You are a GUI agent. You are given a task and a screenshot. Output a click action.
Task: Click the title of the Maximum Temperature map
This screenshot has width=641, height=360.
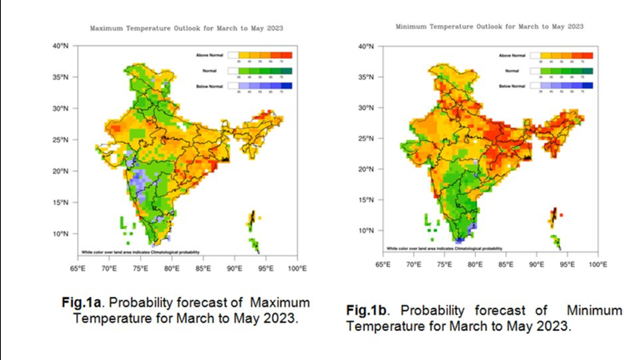(x=186, y=28)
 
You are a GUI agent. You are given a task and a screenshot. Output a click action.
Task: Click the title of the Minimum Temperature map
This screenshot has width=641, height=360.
(x=488, y=26)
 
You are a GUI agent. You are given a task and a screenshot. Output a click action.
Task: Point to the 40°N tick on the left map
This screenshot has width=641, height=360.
(x=61, y=46)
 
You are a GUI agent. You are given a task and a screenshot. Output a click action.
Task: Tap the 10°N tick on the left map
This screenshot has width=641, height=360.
(x=61, y=234)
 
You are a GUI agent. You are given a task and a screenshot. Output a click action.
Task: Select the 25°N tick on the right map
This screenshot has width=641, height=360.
(x=367, y=139)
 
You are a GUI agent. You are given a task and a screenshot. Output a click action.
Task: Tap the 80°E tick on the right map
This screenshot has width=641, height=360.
(x=474, y=265)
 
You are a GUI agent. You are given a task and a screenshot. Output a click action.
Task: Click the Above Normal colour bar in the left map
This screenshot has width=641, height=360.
(x=260, y=56)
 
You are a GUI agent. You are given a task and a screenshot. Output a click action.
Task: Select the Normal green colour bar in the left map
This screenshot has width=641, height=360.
(x=260, y=71)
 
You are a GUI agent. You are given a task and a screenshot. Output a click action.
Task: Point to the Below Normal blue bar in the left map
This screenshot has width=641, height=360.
(x=260, y=86)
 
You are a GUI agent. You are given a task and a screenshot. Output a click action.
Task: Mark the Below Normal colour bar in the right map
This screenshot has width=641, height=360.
(x=562, y=86)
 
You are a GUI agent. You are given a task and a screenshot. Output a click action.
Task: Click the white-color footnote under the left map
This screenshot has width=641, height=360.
(x=140, y=252)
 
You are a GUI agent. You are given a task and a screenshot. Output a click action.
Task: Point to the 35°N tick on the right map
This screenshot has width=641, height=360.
(x=367, y=77)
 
